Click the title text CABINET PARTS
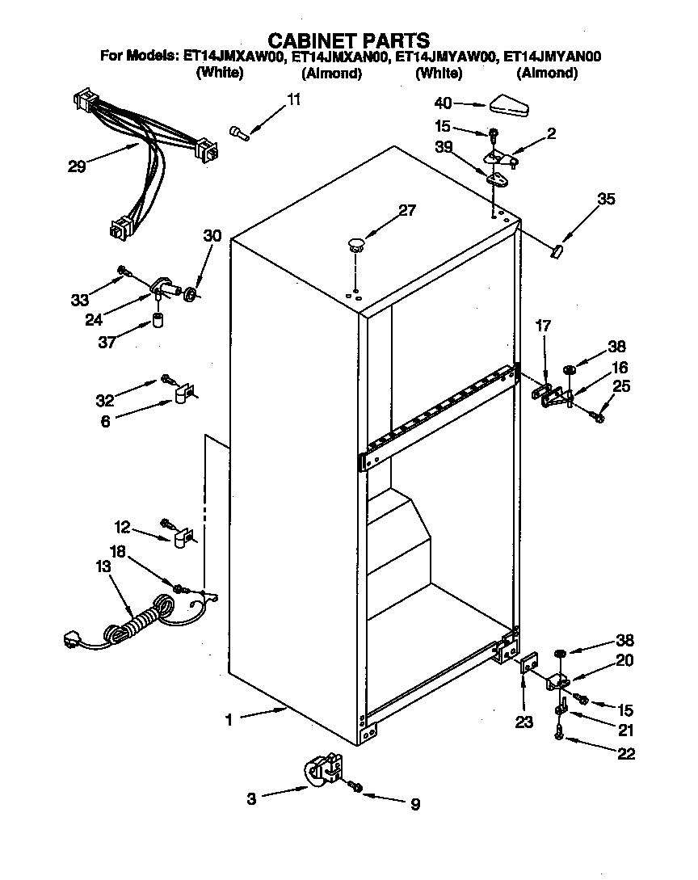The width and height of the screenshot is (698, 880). pos(348,40)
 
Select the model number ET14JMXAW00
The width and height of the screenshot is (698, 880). pos(233,57)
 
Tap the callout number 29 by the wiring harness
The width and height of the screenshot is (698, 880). pos(77,167)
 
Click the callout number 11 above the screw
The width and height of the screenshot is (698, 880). pos(293,99)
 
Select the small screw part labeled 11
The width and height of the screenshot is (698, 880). pos(240,133)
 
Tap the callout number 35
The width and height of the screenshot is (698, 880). pos(605,200)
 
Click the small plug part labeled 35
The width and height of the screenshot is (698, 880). pos(556,251)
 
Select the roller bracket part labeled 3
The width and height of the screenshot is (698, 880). pos(324,770)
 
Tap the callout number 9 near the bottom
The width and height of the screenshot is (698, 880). pos(414,804)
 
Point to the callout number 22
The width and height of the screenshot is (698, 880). pos(625,755)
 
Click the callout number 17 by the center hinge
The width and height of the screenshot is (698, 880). pos(543,326)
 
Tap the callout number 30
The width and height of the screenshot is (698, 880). pos(211,236)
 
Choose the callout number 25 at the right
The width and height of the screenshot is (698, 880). pos(620,386)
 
